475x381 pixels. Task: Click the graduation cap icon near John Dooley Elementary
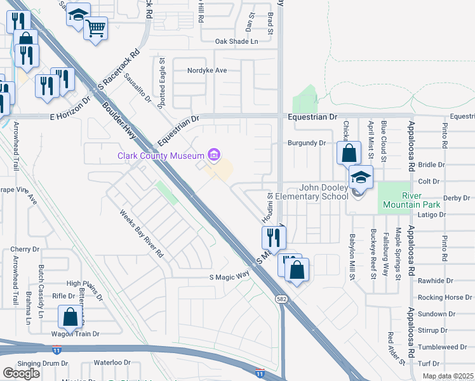[361, 178]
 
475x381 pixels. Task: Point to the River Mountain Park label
[403, 200]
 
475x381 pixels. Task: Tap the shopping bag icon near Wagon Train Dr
[70, 317]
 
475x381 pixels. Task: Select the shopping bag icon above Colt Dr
[349, 153]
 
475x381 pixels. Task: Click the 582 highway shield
[281, 298]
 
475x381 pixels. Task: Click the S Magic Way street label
[229, 277]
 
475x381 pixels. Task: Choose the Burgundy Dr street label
[306, 143]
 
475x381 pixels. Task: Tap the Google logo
[22, 373]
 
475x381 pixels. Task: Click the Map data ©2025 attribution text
[448, 376]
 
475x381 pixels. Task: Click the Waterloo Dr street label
[112, 363]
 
